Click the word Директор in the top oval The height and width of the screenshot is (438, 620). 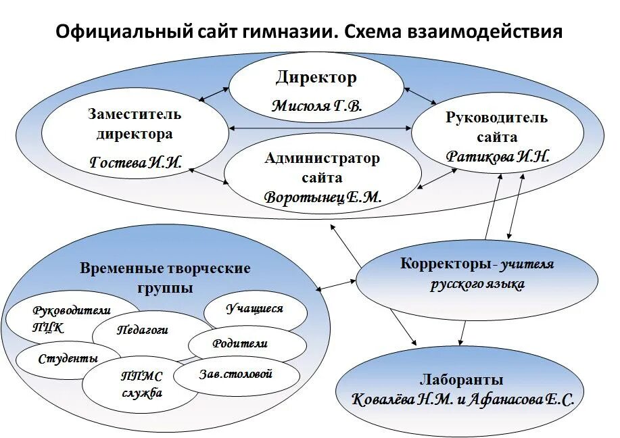coord(316,78)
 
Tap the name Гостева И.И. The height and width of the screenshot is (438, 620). coord(136,162)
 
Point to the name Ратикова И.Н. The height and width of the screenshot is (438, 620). coord(498,156)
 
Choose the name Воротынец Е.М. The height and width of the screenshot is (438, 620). coord(323,198)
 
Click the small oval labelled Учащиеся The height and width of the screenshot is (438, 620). coord(254,309)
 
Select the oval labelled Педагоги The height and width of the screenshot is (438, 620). coord(143,330)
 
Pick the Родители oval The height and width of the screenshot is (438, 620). coord(240,343)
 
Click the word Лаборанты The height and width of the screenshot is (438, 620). coord(461,380)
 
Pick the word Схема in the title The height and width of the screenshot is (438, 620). coord(381,32)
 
